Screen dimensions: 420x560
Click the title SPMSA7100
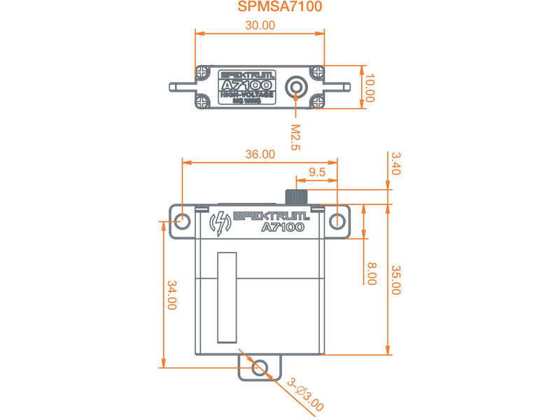(280, 8)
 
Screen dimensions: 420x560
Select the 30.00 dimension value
(259, 25)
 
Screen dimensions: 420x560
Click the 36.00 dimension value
(259, 155)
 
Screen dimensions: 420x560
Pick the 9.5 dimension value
(316, 172)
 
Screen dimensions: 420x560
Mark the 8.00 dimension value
(372, 273)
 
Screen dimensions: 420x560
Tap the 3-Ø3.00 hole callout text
(306, 393)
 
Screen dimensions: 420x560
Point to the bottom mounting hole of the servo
(259, 366)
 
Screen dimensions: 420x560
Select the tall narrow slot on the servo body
(228, 297)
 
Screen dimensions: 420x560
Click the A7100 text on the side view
(282, 227)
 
